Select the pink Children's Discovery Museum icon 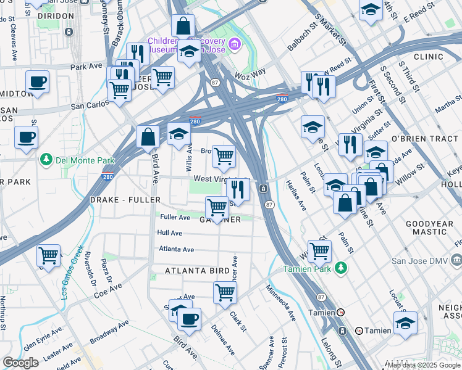pyautogui.click(x=233, y=44)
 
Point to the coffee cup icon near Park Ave pyautogui.click(x=37, y=82)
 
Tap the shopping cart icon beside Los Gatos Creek pyautogui.click(x=48, y=255)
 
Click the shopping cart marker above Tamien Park pyautogui.click(x=319, y=251)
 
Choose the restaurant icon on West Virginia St pyautogui.click(x=237, y=189)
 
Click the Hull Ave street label pyautogui.click(x=169, y=233)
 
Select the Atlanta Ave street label pyautogui.click(x=177, y=249)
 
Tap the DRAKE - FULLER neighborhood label pyautogui.click(x=125, y=200)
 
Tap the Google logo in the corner pyautogui.click(x=20, y=363)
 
